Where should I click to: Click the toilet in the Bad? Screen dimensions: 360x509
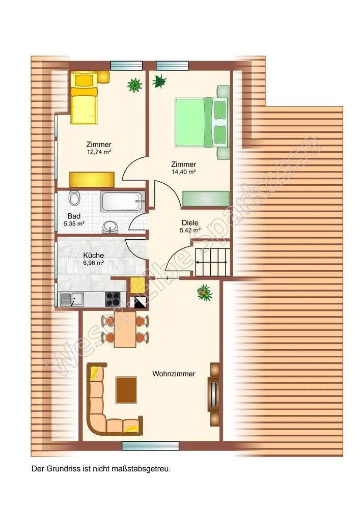[74, 198]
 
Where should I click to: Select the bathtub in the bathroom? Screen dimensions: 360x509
[123, 202]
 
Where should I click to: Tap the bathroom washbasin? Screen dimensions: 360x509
[110, 227]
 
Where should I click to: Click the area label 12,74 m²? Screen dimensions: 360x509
[99, 152]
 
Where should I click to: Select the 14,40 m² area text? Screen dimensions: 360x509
[184, 172]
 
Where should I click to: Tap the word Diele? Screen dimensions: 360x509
[190, 223]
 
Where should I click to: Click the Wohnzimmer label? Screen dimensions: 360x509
[174, 374]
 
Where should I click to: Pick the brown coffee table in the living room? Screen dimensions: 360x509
[126, 390]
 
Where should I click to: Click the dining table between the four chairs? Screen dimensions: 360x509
[125, 329]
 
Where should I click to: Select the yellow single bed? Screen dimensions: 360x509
[84, 98]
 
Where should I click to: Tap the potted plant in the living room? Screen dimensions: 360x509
[205, 293]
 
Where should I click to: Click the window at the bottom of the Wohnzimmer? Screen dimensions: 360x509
[151, 446]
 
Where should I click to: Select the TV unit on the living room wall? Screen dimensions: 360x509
[214, 394]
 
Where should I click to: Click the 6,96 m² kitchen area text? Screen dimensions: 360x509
[94, 263]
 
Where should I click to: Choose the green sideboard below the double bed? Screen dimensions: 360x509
[206, 199]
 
